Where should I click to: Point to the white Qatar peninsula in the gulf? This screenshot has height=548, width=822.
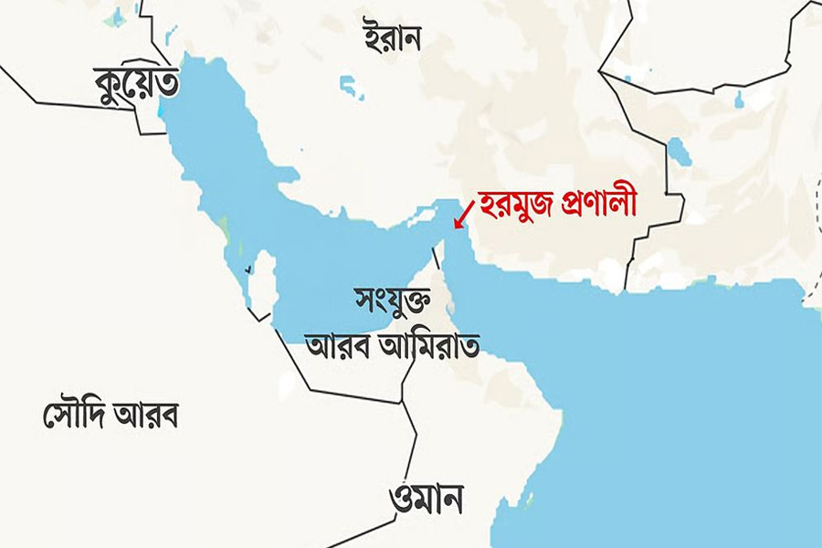263,279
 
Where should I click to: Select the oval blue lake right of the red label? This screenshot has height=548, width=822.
680,152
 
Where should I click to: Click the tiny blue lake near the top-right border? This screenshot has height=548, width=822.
739,99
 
